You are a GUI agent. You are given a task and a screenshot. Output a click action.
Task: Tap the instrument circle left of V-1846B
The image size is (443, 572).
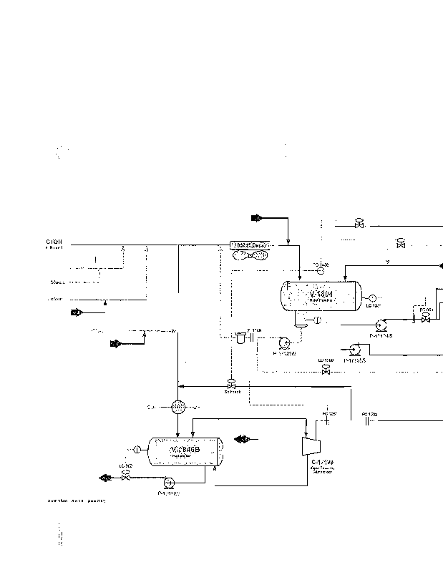tap(137, 449)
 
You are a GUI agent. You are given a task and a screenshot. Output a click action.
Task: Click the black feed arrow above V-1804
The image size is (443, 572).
tap(258, 217)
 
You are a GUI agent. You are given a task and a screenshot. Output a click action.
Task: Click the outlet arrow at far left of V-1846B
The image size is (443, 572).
tap(106, 477)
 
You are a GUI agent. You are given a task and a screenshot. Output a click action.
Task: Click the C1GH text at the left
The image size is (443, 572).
tap(54, 242)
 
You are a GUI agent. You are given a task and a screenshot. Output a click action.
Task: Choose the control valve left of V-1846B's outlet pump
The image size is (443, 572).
tap(127, 475)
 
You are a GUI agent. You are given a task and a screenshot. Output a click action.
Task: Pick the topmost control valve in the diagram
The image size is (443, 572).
tap(360, 225)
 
